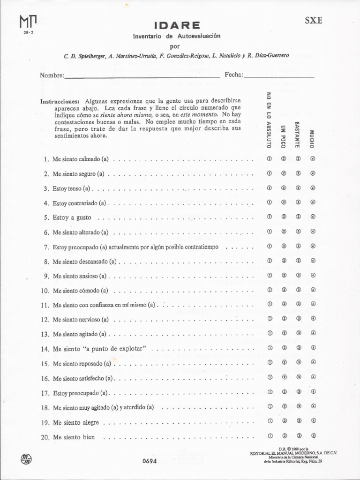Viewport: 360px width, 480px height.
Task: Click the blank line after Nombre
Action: (142, 75)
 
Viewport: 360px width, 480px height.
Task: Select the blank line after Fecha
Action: (279, 75)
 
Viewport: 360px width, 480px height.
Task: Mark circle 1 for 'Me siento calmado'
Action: (270, 158)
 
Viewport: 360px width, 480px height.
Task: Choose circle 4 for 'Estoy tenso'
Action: (313, 188)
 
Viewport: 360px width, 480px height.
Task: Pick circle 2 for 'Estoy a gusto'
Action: (284, 217)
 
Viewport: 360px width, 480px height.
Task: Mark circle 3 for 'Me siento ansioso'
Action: (298, 275)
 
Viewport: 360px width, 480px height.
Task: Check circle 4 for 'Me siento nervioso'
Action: (313, 319)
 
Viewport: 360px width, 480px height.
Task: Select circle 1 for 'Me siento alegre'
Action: (270, 421)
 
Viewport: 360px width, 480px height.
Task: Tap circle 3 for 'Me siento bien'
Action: (298, 436)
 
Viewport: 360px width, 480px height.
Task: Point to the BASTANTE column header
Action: (297, 135)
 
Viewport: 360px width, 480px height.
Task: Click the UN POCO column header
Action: (283, 136)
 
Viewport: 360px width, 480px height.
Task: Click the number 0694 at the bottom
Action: (150, 461)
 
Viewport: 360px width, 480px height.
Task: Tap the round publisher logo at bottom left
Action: (27, 458)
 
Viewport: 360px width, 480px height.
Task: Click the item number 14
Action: (45, 349)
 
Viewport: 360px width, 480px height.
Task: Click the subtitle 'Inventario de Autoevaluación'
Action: (176, 36)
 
